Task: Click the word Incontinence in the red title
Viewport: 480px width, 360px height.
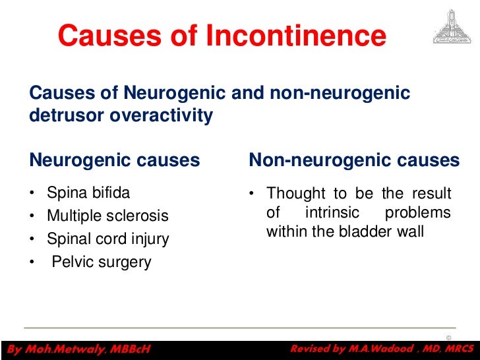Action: pyautogui.click(x=296, y=36)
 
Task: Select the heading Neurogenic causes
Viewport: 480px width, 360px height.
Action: pyautogui.click(x=115, y=160)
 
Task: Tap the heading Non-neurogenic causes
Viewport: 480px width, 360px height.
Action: pyautogui.click(x=354, y=160)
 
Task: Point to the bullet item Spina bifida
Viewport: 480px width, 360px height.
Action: pyautogui.click(x=88, y=193)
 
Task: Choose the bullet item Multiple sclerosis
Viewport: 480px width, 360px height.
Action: pyautogui.click(x=107, y=216)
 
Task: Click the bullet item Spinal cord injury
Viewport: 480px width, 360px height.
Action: pyautogui.click(x=107, y=239)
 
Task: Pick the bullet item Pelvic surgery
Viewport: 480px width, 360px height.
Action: pyautogui.click(x=102, y=262)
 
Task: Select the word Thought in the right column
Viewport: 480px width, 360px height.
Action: pyautogui.click(x=295, y=194)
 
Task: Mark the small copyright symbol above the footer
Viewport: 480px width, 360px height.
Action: pyautogui.click(x=448, y=338)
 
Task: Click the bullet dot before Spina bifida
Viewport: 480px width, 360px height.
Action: pyautogui.click(x=32, y=194)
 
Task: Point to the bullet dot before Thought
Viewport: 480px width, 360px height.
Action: pyautogui.click(x=252, y=195)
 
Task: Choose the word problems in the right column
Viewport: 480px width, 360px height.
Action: pyautogui.click(x=417, y=213)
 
